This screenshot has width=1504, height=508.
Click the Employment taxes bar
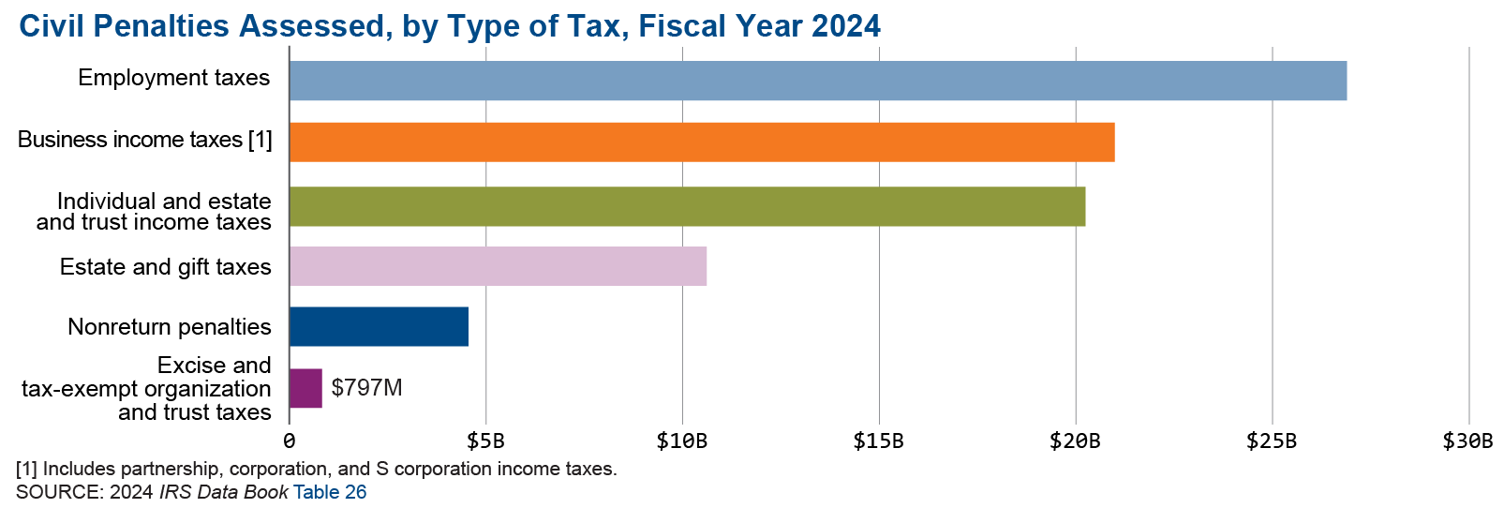tap(817, 81)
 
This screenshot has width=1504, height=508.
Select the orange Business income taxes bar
tap(701, 142)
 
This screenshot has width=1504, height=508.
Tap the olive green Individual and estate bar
tap(687, 206)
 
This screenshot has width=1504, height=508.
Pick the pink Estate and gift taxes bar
tap(497, 266)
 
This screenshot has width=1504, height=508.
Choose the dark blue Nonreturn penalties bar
tap(378, 326)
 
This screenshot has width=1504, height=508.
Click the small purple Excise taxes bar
tap(305, 388)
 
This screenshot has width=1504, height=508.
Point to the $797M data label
tap(366, 388)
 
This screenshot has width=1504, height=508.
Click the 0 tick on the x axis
tap(290, 441)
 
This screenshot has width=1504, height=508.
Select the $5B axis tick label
tap(485, 441)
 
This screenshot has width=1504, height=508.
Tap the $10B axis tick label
tap(681, 441)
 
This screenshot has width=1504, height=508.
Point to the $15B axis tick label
tap(878, 441)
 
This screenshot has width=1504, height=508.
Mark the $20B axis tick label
tap(1075, 441)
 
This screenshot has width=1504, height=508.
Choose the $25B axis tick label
tap(1272, 441)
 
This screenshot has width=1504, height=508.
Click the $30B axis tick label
tap(1467, 441)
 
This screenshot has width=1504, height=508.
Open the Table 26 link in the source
tap(330, 492)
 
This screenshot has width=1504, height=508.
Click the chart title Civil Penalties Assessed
tap(450, 26)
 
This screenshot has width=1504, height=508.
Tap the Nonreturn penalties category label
tap(170, 327)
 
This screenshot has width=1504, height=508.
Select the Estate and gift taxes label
tap(166, 267)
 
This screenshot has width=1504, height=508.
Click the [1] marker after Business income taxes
tap(261, 140)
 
